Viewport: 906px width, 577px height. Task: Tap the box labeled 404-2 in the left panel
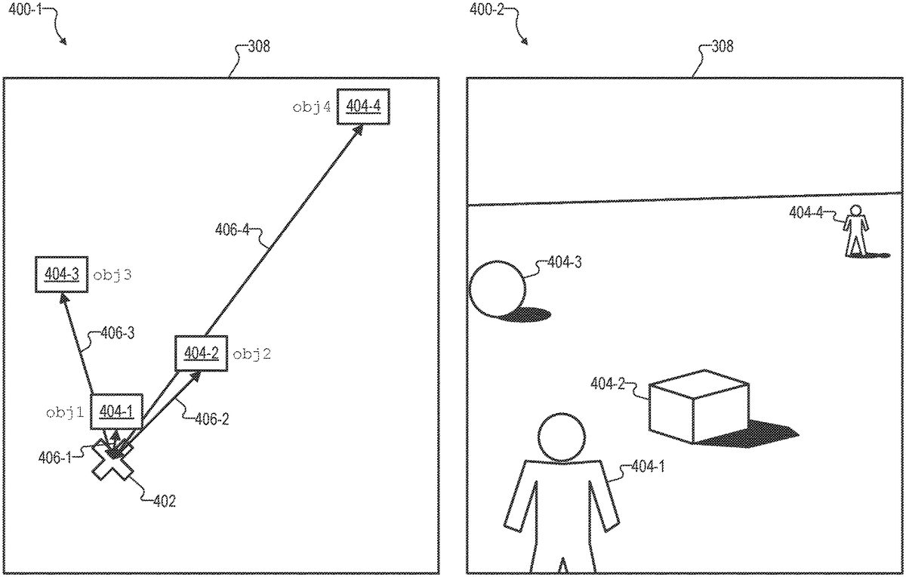pyautogui.click(x=200, y=353)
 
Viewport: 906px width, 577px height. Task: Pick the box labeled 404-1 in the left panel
pyautogui.click(x=116, y=411)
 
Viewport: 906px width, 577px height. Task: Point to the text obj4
pyautogui.click(x=312, y=107)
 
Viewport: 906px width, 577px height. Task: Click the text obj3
pyautogui.click(x=112, y=276)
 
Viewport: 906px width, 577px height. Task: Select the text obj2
pyautogui.click(x=251, y=353)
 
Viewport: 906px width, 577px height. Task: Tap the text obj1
pyautogui.click(x=64, y=412)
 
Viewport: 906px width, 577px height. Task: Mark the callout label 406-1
pyautogui.click(x=54, y=456)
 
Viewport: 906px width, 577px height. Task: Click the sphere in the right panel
pyautogui.click(x=497, y=288)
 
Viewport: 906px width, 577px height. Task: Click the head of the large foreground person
pyautogui.click(x=562, y=436)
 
